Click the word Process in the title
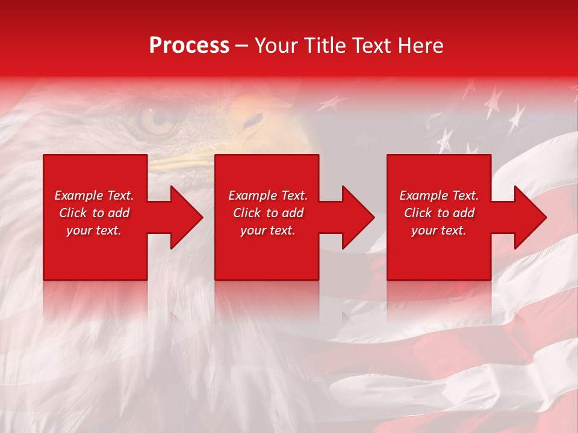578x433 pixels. click(x=189, y=46)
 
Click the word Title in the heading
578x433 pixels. click(x=320, y=46)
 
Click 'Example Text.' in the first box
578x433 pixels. click(x=95, y=195)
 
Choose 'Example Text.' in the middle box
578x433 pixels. click(x=268, y=195)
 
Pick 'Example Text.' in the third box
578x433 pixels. click(x=439, y=195)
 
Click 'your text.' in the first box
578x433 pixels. click(x=95, y=230)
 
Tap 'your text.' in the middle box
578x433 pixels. click(x=268, y=230)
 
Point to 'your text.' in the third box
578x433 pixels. click(x=439, y=230)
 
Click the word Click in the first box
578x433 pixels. click(x=73, y=213)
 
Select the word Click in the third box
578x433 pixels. click(x=418, y=213)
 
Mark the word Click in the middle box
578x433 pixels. click(x=247, y=213)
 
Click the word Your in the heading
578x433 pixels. click(x=275, y=46)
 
